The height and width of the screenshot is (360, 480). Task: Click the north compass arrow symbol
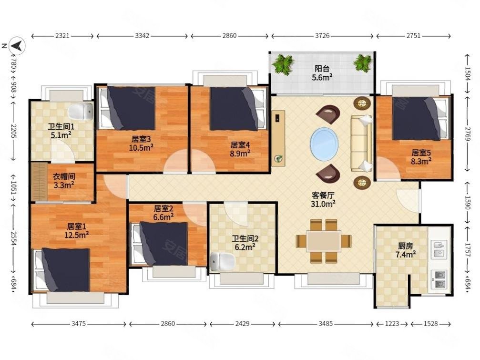(17, 46)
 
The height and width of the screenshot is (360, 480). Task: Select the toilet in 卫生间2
(223, 261)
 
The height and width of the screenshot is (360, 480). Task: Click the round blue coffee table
(324, 144)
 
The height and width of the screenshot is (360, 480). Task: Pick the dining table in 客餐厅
(324, 241)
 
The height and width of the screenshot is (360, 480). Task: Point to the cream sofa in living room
(361, 143)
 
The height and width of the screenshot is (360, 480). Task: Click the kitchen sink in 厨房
(439, 249)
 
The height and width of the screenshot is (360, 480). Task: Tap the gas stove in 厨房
(439, 279)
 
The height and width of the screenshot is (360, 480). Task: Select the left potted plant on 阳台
(283, 64)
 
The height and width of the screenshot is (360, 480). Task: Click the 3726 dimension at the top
(322, 36)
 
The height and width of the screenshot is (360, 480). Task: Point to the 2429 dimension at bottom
(242, 323)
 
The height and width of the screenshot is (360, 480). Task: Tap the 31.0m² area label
(323, 204)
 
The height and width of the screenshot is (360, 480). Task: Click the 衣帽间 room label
(64, 176)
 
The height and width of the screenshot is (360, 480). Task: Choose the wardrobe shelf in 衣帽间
(39, 182)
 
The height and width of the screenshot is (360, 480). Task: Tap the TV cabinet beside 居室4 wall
(278, 138)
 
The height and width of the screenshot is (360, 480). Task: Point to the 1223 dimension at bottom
(392, 323)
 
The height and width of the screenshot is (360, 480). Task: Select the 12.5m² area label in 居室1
(77, 235)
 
